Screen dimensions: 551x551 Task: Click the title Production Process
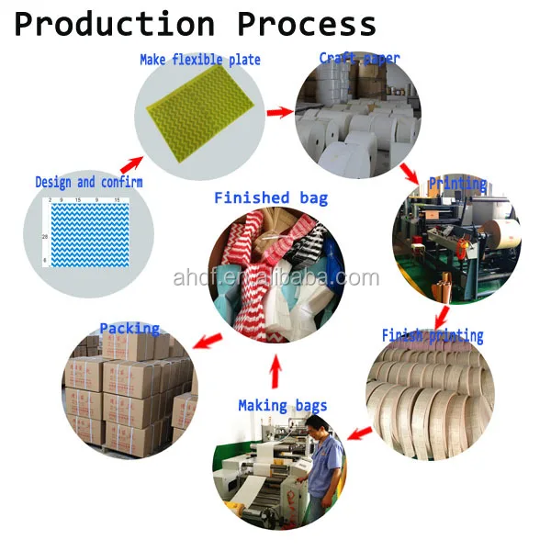[195, 24]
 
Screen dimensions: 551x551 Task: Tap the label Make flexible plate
[200, 60]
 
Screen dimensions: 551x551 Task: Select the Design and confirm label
[89, 182]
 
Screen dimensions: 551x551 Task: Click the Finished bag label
[271, 197]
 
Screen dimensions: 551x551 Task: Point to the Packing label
[129, 328]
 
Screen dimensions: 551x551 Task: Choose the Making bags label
[283, 405]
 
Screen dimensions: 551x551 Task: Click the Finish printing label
[433, 335]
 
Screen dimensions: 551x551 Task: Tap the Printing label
[457, 184]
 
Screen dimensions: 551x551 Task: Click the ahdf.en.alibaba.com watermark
[275, 277]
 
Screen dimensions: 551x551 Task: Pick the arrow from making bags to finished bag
[275, 370]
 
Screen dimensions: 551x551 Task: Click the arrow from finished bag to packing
[208, 339]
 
